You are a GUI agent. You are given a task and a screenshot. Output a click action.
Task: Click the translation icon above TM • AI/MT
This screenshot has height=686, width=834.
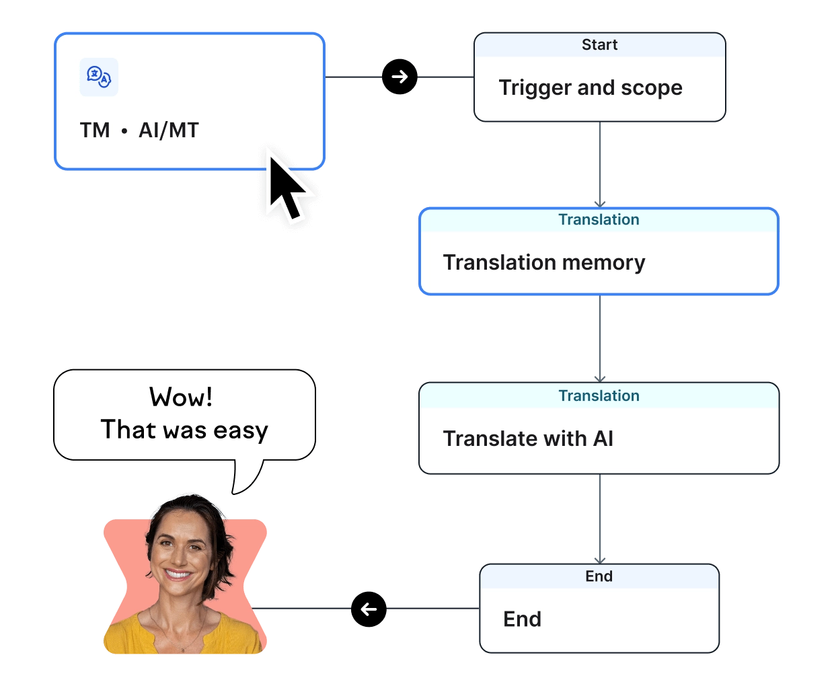pyautogui.click(x=99, y=77)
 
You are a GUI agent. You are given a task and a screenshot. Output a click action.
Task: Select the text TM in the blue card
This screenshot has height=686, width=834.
pyautogui.click(x=95, y=130)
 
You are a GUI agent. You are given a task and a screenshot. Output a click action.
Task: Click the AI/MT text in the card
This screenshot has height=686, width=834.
pyautogui.click(x=169, y=130)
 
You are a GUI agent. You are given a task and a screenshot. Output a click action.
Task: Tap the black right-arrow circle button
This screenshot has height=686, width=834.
pyautogui.click(x=400, y=77)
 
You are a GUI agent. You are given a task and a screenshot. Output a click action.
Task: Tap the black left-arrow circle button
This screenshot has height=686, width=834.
pyautogui.click(x=369, y=609)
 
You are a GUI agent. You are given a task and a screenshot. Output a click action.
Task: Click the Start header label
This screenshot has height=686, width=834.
pyautogui.click(x=599, y=45)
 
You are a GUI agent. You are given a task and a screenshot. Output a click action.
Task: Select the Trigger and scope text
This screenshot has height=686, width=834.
pyautogui.click(x=591, y=87)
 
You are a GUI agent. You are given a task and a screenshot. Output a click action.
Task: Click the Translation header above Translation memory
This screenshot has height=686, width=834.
pyautogui.click(x=599, y=220)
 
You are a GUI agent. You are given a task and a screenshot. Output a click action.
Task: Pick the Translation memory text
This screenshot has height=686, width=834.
pyautogui.click(x=544, y=262)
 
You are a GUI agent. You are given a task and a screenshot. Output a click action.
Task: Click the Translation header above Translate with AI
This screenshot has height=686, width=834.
pyautogui.click(x=599, y=396)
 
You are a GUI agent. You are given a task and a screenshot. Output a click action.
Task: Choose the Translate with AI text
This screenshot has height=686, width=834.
pyautogui.click(x=528, y=439)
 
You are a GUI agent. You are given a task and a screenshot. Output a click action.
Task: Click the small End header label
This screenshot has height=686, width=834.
pyautogui.click(x=599, y=576)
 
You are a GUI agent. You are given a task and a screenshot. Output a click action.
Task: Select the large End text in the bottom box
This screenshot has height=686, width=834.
pyautogui.click(x=522, y=619)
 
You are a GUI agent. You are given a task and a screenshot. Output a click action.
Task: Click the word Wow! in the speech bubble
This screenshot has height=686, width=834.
pyautogui.click(x=181, y=397)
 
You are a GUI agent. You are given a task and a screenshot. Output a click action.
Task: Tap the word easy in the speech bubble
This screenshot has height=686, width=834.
pyautogui.click(x=240, y=430)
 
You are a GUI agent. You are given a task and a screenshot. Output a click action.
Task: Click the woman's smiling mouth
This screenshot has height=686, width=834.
pyautogui.click(x=178, y=576)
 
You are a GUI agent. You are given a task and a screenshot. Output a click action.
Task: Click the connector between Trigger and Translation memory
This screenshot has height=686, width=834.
pyautogui.click(x=599, y=165)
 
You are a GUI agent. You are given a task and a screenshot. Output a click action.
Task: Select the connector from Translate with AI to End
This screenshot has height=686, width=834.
pyautogui.click(x=599, y=518)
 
